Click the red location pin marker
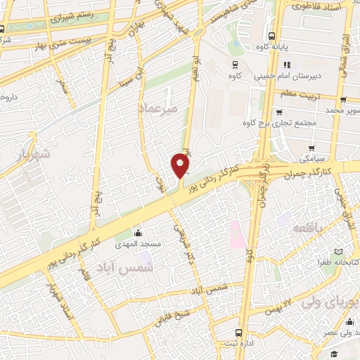click(181, 165)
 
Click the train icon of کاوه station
click(235, 63)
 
